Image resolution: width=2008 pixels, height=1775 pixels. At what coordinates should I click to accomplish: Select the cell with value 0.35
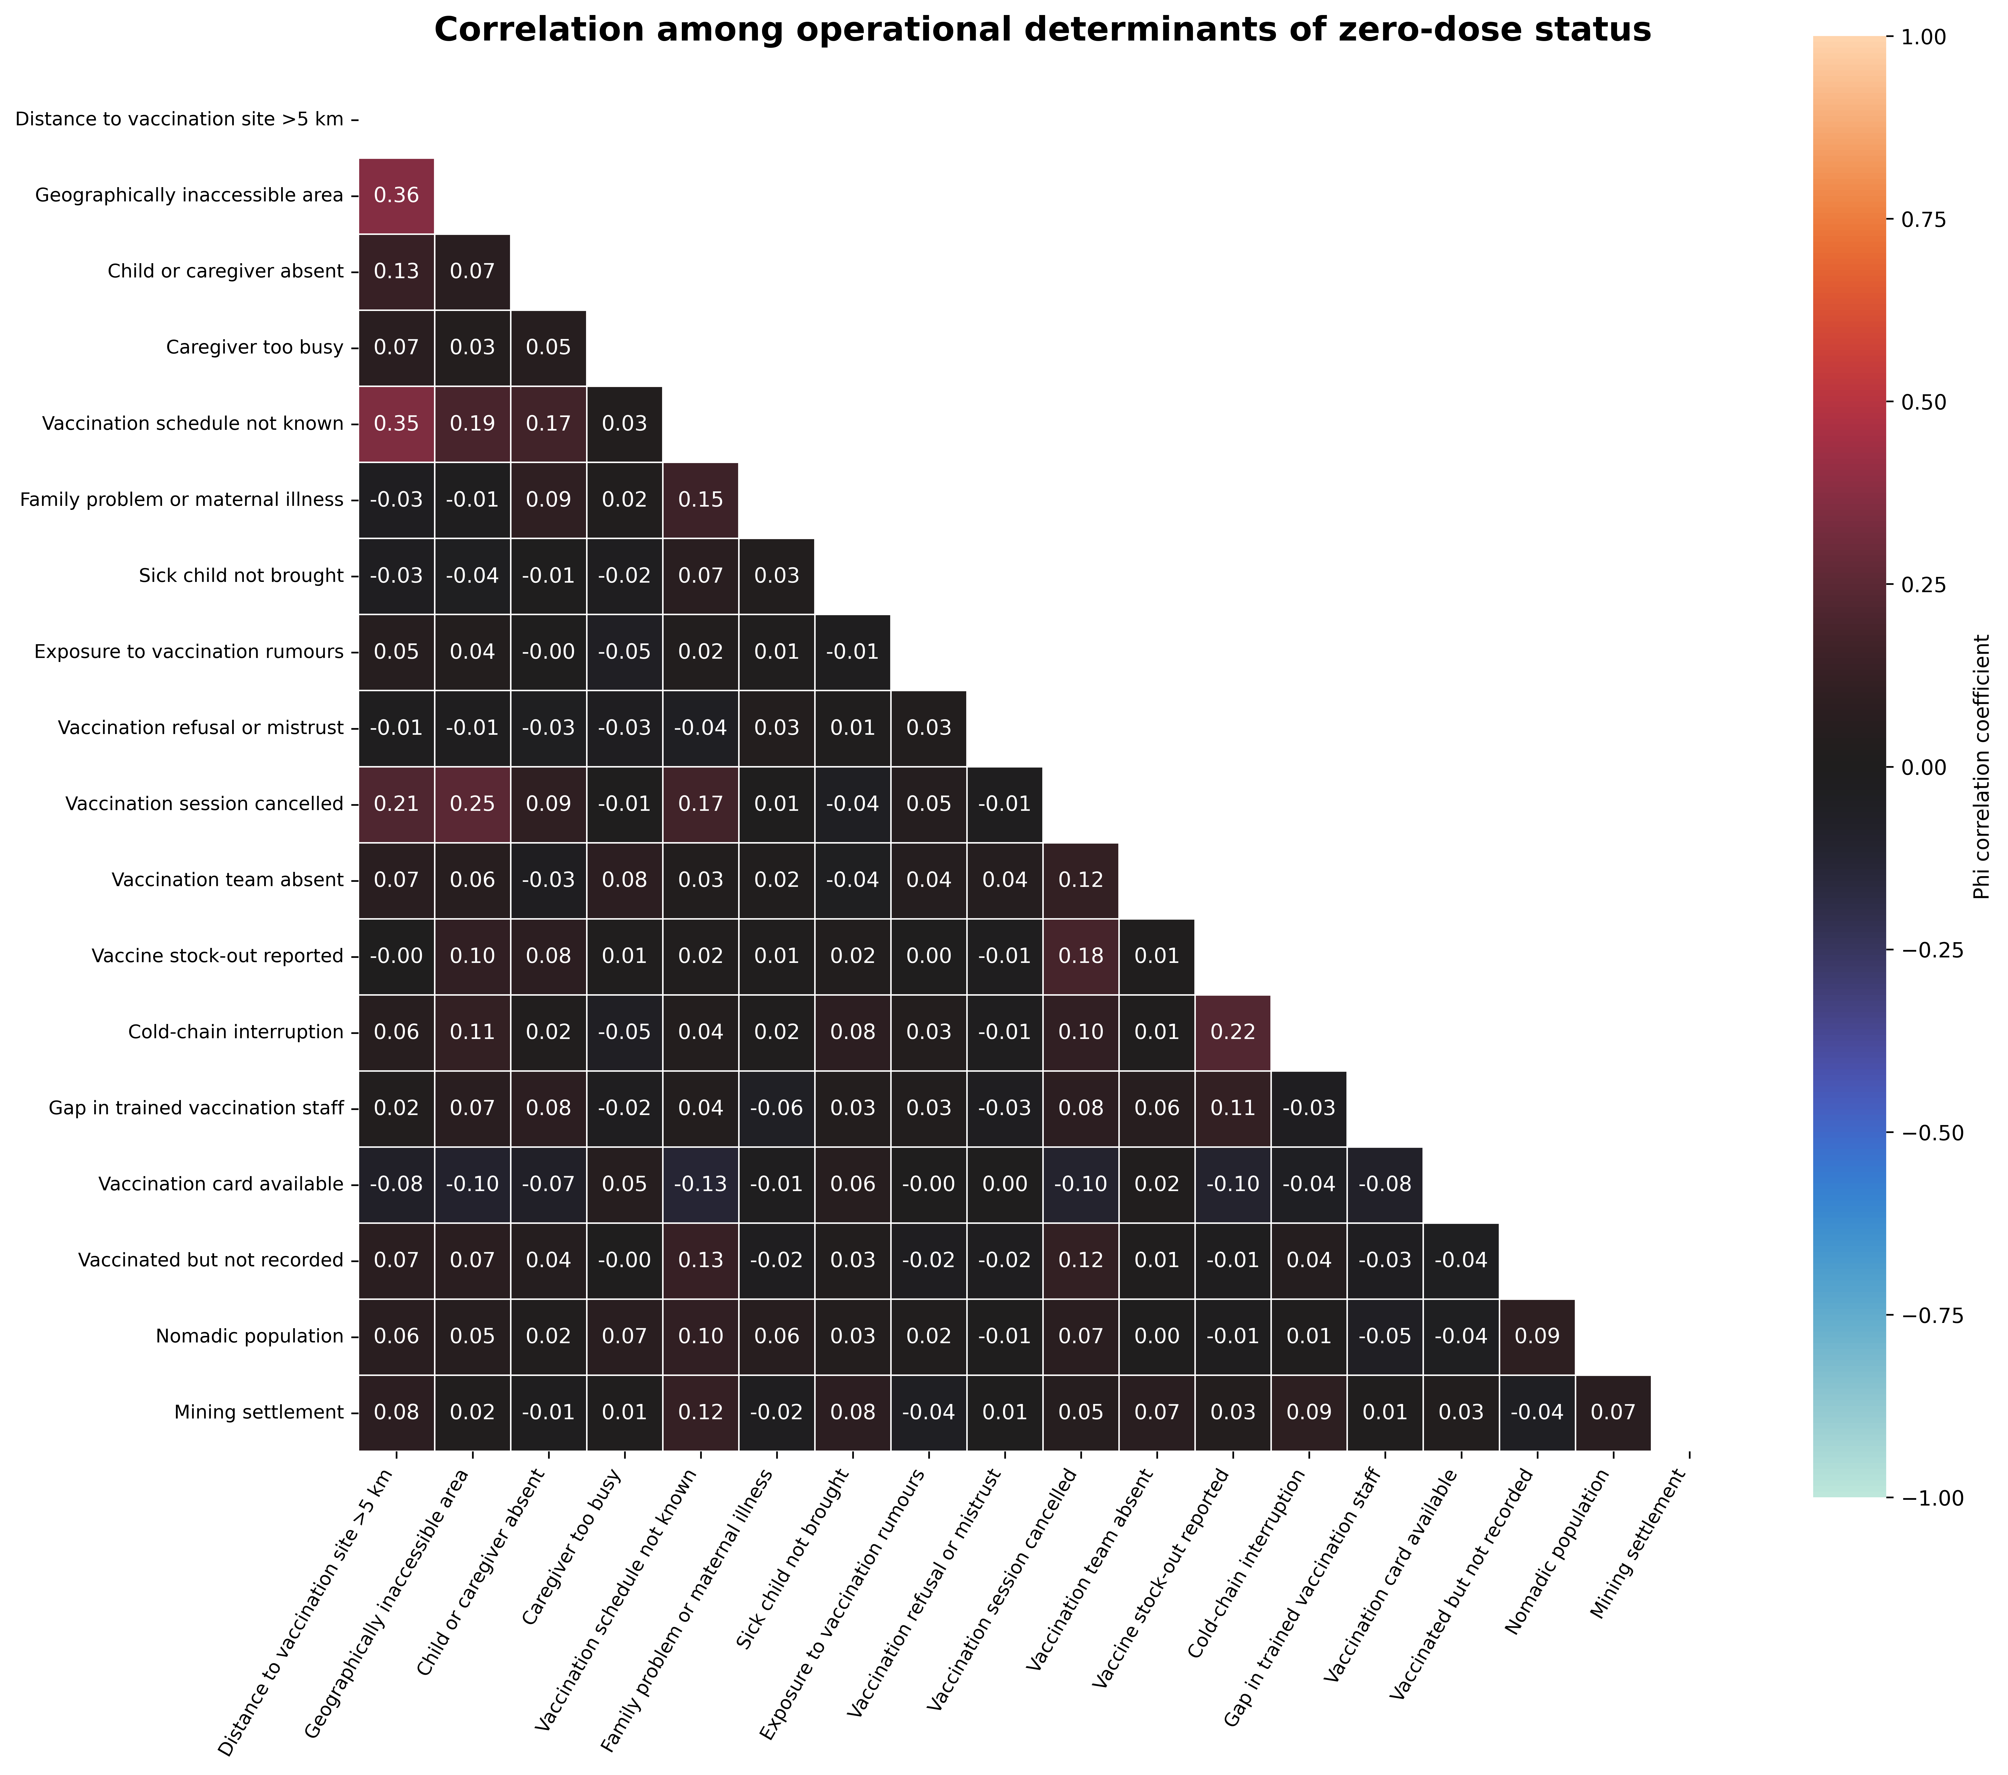click(396, 424)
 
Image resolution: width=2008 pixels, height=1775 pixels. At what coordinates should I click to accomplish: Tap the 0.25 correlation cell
click(472, 804)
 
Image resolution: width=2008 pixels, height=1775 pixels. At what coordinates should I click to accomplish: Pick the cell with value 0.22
click(1233, 1032)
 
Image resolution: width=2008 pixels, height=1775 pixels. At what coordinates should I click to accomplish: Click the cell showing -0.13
click(700, 1184)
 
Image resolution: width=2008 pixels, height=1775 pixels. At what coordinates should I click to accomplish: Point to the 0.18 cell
click(1081, 956)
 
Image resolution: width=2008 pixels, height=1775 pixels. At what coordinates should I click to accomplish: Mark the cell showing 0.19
click(472, 424)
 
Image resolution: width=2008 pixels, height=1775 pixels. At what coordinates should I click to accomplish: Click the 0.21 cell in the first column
click(396, 804)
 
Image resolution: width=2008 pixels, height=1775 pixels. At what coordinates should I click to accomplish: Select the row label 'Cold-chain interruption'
click(236, 1032)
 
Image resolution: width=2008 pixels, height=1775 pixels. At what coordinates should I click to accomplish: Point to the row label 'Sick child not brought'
click(242, 576)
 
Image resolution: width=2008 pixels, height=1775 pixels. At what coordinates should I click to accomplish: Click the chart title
click(1042, 31)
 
